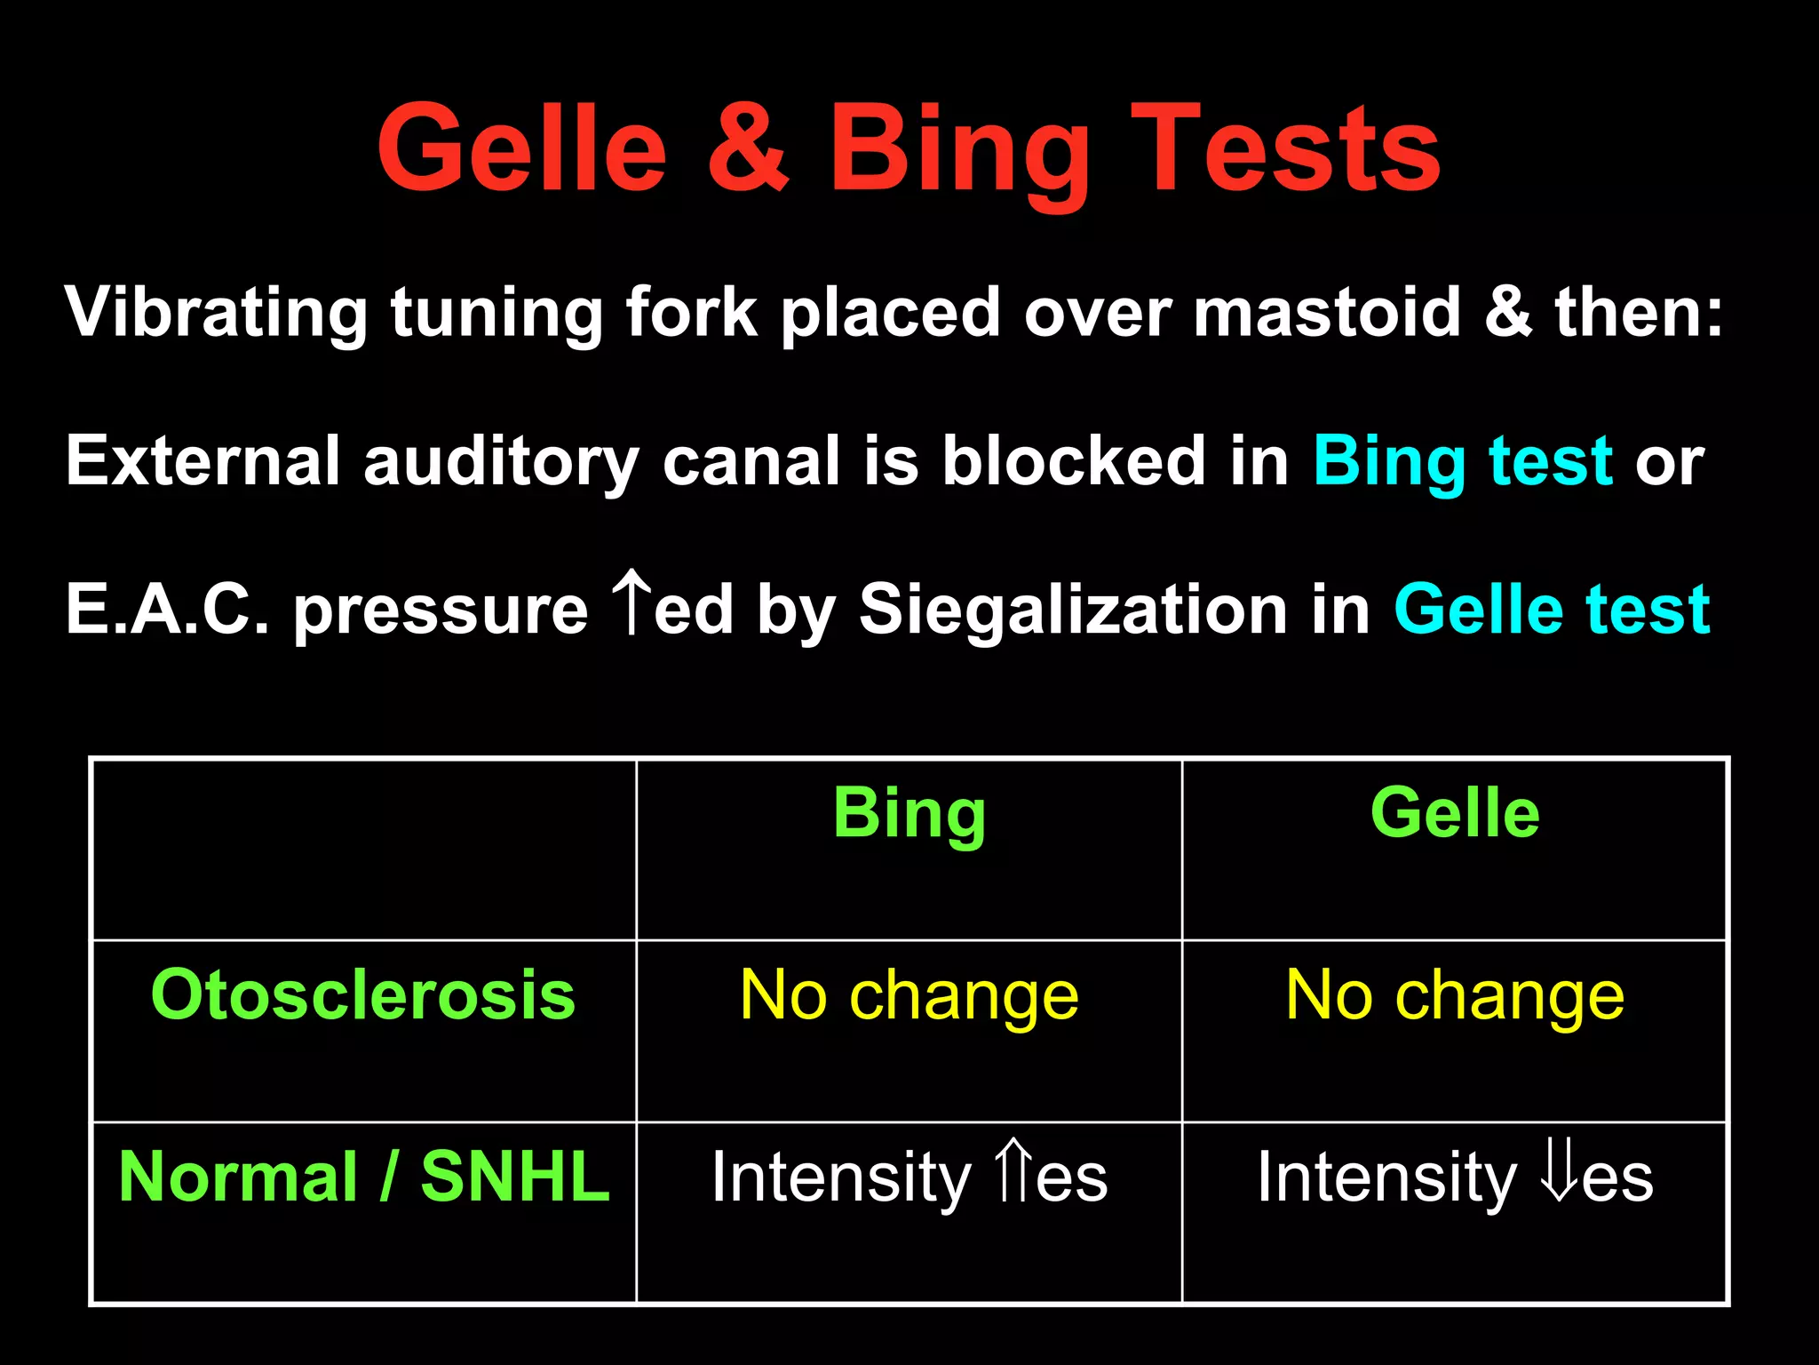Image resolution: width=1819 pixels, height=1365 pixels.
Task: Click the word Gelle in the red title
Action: tap(521, 148)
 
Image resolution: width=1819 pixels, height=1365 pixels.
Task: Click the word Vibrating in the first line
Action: tap(216, 313)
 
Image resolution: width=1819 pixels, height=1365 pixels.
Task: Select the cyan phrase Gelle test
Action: tap(1552, 610)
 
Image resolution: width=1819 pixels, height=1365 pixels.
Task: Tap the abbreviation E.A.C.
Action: tap(167, 610)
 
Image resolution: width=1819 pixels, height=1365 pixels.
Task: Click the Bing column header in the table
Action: tap(909, 813)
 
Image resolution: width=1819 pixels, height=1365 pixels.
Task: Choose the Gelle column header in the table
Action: tap(1455, 813)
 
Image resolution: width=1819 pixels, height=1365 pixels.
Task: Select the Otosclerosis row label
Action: tap(363, 994)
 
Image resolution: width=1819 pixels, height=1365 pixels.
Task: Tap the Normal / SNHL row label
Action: tap(363, 1177)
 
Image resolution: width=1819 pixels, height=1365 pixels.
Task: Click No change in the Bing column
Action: tap(909, 996)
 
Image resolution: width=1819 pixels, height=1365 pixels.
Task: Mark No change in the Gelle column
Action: tap(1455, 996)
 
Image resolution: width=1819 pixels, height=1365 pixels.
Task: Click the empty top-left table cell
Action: tap(363, 850)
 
